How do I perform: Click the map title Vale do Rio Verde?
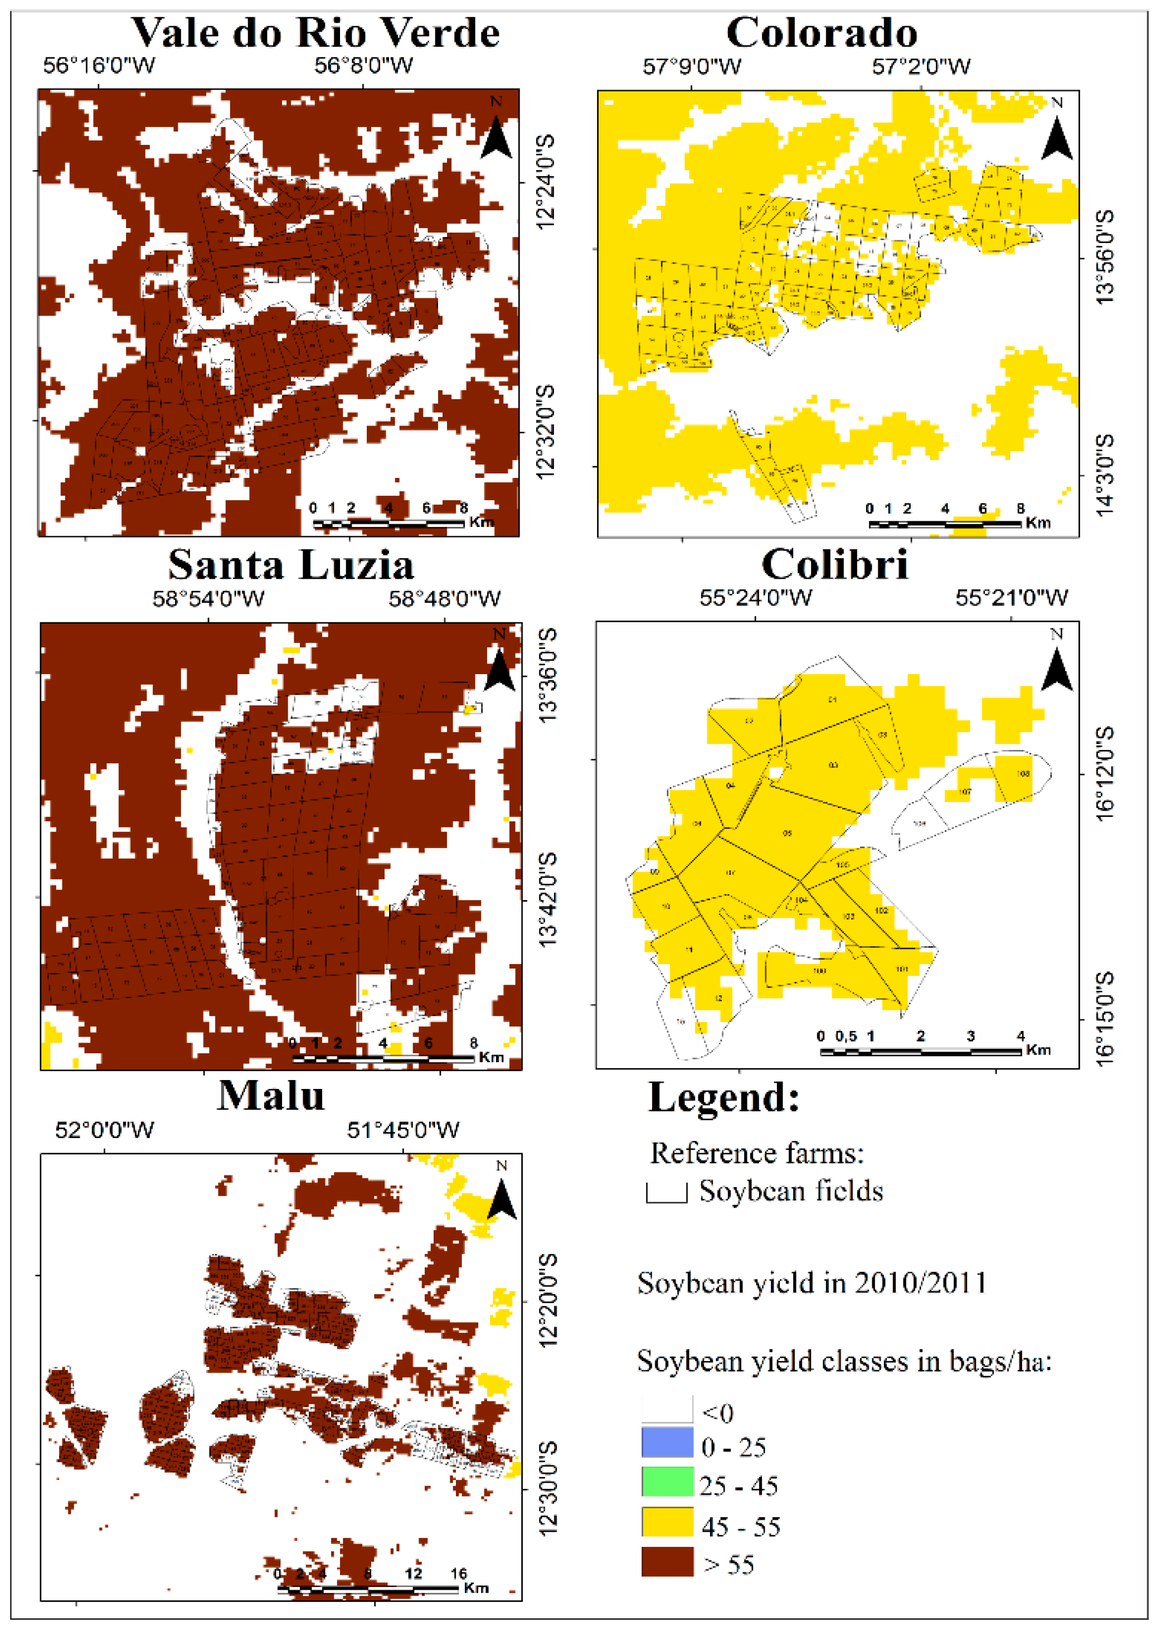coord(315,33)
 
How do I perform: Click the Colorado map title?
coord(822,33)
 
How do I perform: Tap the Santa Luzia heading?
coord(291,565)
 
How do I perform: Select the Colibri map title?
coord(834,565)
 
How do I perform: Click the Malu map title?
coord(271,1096)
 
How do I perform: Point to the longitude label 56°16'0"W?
coord(99,66)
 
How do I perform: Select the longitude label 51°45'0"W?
coord(403,1130)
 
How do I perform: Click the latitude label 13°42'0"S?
coord(547,899)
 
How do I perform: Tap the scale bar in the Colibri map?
coord(921,1051)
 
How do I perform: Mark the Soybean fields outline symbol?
coord(666,1193)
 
